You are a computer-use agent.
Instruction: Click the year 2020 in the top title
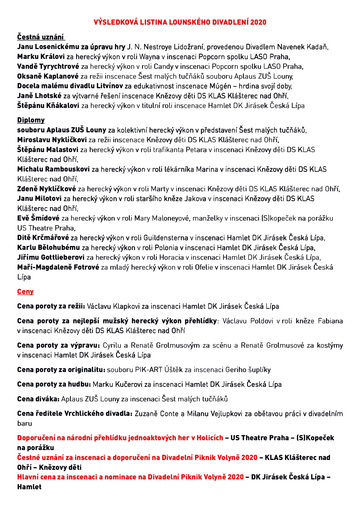point(258,22)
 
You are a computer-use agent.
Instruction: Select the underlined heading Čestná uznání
point(40,37)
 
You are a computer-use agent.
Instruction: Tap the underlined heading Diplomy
point(31,120)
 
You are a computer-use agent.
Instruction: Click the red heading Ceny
point(26,292)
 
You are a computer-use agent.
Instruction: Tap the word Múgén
point(220,86)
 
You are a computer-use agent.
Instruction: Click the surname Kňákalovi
point(63,106)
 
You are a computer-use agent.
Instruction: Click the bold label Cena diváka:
point(38,399)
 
